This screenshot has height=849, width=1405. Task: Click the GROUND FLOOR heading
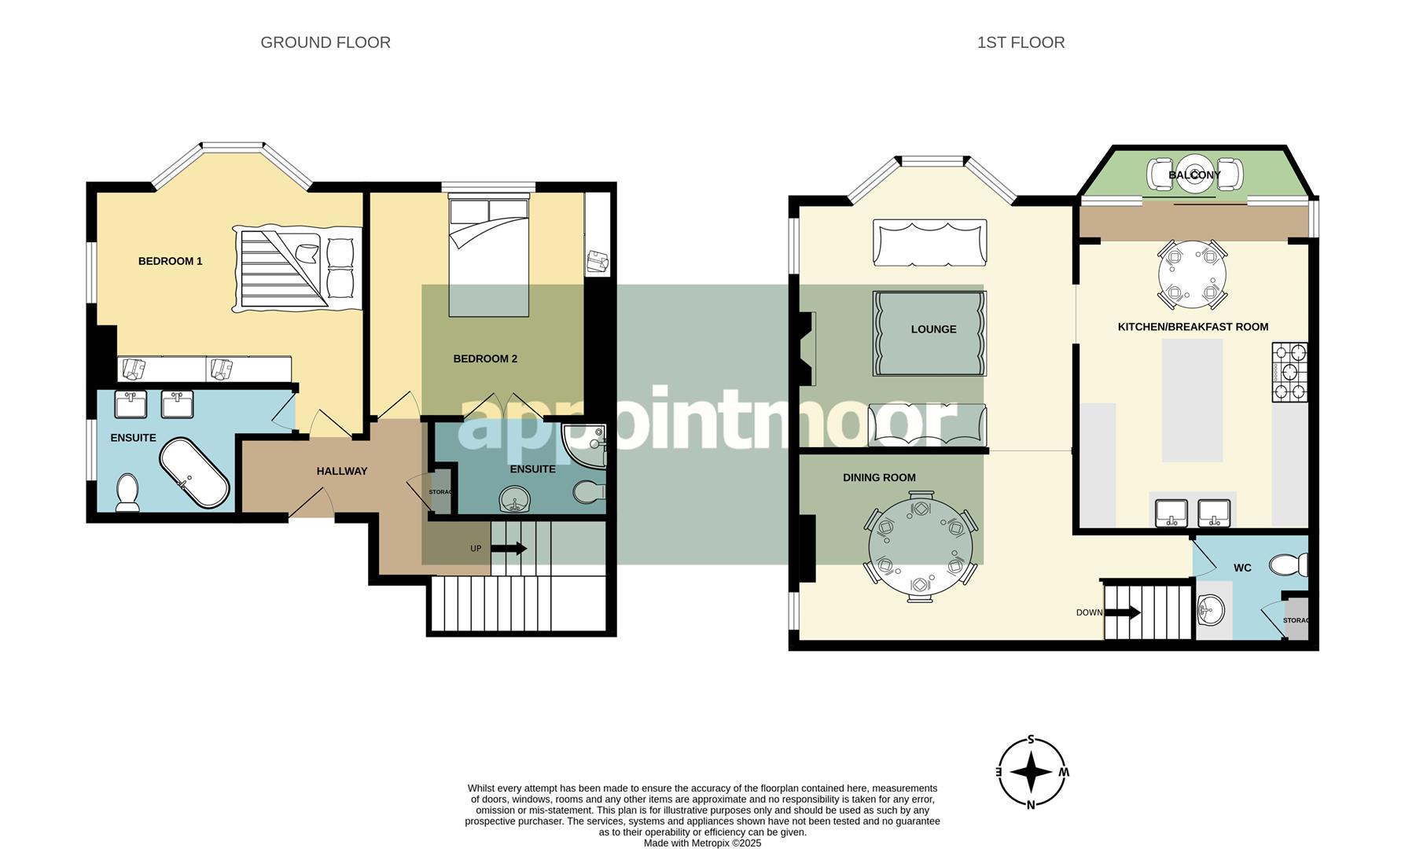coord(326,42)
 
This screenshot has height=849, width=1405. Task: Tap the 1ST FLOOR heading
coord(1021,42)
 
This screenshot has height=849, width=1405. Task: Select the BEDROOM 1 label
coord(171,261)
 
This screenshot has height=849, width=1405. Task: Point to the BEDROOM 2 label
coord(485,358)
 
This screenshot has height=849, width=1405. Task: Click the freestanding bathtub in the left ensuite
coord(194,473)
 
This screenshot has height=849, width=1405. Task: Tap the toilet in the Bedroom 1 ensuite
coord(127,492)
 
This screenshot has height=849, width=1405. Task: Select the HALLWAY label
coord(342,471)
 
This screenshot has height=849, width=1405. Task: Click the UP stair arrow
coord(509,549)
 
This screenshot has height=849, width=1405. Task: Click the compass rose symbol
coord(1032,773)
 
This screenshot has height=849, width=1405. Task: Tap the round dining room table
coord(920,547)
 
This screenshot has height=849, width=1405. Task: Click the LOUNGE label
coord(933,329)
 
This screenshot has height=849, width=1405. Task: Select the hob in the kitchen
coord(1289,372)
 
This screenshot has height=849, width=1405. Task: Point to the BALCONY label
coord(1194,175)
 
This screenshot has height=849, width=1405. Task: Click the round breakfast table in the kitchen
coord(1192,275)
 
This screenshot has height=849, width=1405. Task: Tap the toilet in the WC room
coord(1289,564)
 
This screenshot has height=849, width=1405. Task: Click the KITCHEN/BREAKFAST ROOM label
coord(1193,326)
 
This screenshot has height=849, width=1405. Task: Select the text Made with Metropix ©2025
coord(702,843)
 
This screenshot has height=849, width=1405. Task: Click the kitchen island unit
coord(1192,400)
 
